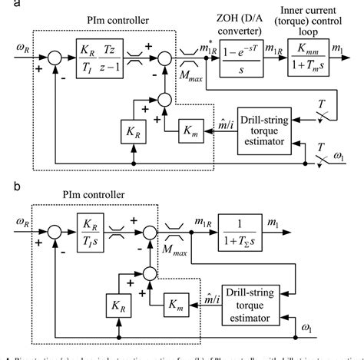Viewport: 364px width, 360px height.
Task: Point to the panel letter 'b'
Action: click(5, 187)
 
